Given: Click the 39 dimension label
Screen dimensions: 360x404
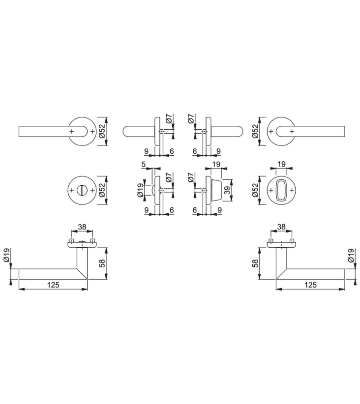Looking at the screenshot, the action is (227, 190).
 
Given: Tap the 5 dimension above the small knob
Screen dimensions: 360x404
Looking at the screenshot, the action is (144, 164).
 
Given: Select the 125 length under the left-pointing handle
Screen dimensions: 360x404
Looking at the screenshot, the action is (54, 285).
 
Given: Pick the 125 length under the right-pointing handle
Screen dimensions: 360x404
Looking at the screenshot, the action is (310, 285).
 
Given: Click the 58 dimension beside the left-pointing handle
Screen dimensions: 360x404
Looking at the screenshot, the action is (102, 263).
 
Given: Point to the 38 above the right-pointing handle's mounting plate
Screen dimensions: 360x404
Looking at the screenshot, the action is (281, 227).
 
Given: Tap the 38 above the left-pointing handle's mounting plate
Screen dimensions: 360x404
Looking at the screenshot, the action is (82, 227).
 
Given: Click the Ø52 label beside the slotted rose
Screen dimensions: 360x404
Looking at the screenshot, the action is (102, 190).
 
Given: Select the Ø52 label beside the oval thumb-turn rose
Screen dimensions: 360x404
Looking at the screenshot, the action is (255, 190).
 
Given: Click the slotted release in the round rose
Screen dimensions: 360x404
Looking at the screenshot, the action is (82, 190).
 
